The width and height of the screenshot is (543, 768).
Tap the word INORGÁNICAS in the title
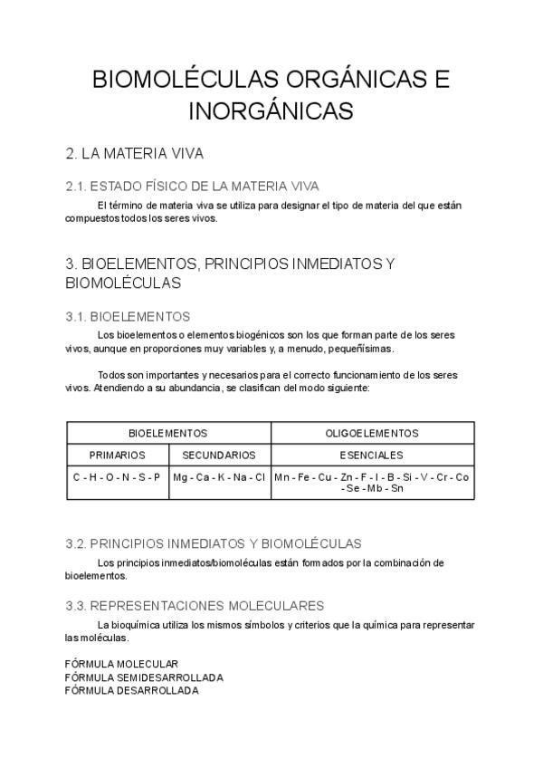(x=271, y=111)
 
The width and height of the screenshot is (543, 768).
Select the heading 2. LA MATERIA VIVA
(x=140, y=153)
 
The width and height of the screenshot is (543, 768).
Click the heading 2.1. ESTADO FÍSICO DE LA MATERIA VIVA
(x=193, y=187)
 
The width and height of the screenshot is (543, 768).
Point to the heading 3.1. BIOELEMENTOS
(x=128, y=316)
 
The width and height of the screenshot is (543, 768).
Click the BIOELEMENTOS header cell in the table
(x=168, y=433)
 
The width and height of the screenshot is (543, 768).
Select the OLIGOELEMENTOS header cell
(x=372, y=433)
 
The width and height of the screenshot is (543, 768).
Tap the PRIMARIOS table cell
(x=117, y=455)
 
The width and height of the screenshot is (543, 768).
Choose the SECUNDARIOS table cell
(x=219, y=455)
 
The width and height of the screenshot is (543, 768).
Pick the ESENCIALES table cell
(x=372, y=455)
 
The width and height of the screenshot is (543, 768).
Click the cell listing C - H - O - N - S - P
(x=117, y=476)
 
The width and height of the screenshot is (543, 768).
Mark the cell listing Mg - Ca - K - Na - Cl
(x=219, y=476)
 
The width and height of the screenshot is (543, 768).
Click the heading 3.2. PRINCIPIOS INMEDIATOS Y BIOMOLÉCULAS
(x=214, y=543)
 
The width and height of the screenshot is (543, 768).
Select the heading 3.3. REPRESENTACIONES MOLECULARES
(x=195, y=605)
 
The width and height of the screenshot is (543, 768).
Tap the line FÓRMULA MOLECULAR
(x=122, y=664)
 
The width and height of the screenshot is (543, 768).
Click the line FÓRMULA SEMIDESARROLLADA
(x=145, y=677)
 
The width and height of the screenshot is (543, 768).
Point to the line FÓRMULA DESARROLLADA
(x=132, y=690)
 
